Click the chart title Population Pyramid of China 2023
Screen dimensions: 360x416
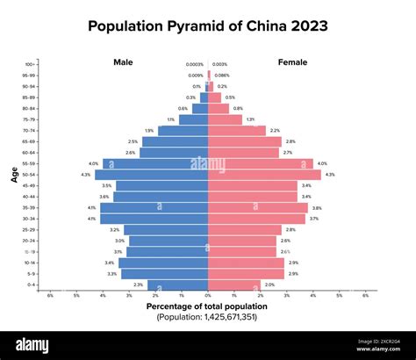(x=208, y=25)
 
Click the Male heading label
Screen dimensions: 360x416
(x=123, y=62)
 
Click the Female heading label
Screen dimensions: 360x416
(x=292, y=62)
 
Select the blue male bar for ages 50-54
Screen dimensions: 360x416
(x=152, y=175)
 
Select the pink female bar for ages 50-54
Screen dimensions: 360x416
(x=264, y=175)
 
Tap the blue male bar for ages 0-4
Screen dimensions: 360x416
(x=177, y=284)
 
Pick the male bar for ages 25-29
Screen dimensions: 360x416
(x=166, y=229)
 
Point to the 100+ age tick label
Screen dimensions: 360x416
(x=30, y=64)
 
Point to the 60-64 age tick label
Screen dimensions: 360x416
(x=30, y=153)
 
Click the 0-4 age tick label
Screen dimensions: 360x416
(x=32, y=284)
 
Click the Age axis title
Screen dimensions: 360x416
(x=15, y=174)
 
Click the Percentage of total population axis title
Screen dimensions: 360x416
(x=207, y=306)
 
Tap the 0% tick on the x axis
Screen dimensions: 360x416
(x=208, y=296)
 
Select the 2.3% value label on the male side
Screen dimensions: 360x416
(x=138, y=284)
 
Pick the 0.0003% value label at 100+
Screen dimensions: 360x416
(x=195, y=64)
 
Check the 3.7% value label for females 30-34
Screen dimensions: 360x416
(x=314, y=219)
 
